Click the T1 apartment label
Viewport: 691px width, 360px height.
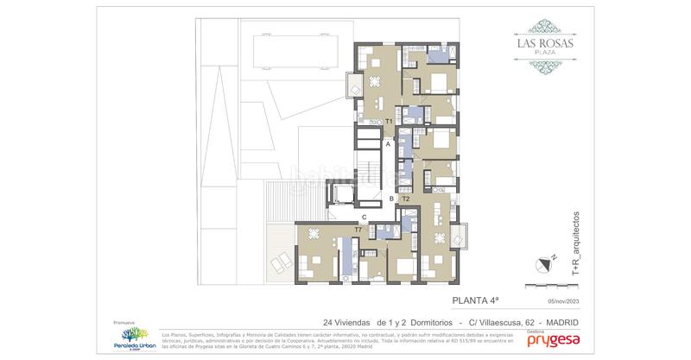coord(390,123)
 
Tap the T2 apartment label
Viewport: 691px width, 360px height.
coord(406,199)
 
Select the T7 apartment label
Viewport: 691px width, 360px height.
coord(358,230)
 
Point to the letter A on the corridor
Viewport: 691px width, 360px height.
coord(389,145)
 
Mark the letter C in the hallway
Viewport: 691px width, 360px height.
coord(365,217)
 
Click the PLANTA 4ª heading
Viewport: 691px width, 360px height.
coord(475,301)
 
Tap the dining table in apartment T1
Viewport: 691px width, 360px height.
coord(374,83)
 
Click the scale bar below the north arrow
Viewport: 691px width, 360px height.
coord(548,284)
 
